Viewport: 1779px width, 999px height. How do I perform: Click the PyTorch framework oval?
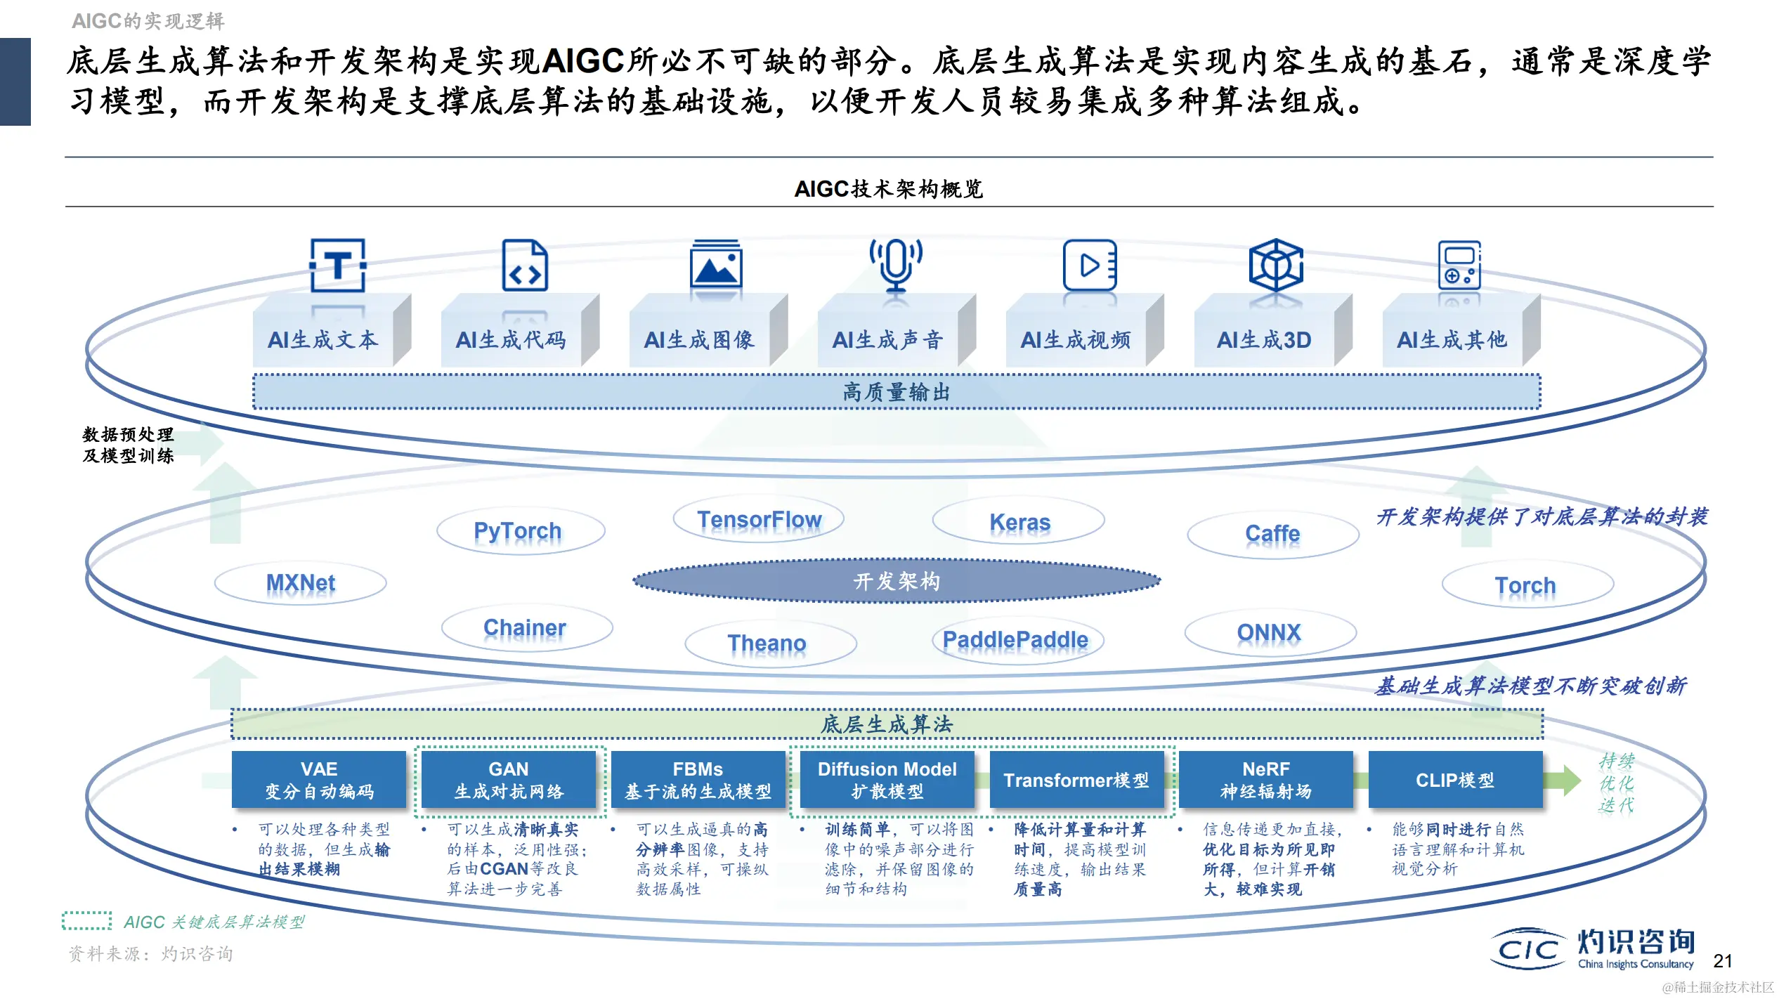pyautogui.click(x=519, y=531)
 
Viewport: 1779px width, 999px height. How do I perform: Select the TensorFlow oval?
pyautogui.click(x=759, y=520)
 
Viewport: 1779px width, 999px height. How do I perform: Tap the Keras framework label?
pyautogui.click(x=1019, y=522)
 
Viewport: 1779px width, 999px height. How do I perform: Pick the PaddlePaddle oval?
pyautogui.click(x=1015, y=640)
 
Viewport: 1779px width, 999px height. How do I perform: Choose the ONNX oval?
pyautogui.click(x=1269, y=632)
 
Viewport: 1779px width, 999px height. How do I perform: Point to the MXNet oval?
pyautogui.click(x=301, y=583)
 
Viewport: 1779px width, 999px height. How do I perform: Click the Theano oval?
pyautogui.click(x=767, y=643)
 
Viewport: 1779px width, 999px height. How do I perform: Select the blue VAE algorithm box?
pyautogui.click(x=319, y=780)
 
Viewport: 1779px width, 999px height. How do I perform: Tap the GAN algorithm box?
pyautogui.click(x=509, y=780)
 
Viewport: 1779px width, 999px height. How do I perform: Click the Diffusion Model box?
pyautogui.click(x=887, y=780)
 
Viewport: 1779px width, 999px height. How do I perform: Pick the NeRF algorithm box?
pyautogui.click(x=1265, y=780)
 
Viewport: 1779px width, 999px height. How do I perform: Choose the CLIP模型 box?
pyautogui.click(x=1455, y=780)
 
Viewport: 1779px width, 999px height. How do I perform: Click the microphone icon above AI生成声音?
pyautogui.click(x=896, y=265)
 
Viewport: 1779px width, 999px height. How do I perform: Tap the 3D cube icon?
pyautogui.click(x=1276, y=266)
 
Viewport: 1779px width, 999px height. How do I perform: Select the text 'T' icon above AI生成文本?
pyautogui.click(x=338, y=266)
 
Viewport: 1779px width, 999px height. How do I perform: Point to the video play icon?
pyautogui.click(x=1089, y=266)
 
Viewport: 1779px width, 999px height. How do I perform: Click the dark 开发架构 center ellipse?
pyautogui.click(x=897, y=581)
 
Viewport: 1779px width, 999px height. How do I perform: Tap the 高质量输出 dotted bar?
pyautogui.click(x=897, y=392)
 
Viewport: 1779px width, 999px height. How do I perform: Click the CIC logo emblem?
pyautogui.click(x=1529, y=950)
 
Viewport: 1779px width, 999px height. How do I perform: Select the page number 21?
pyautogui.click(x=1723, y=961)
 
